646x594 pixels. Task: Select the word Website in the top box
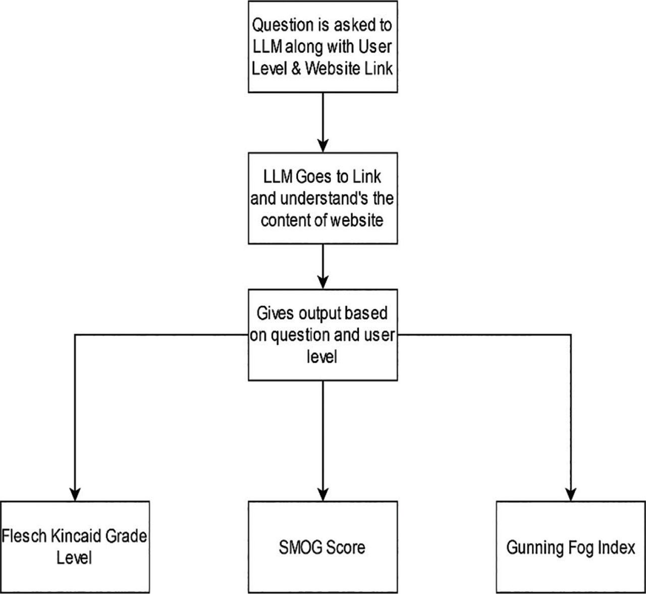[336, 68]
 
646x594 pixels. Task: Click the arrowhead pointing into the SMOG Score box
[323, 494]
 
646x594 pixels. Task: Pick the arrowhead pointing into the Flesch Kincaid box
[75, 494]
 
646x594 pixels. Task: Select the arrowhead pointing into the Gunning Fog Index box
[571, 494]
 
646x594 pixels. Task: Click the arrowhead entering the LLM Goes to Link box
[323, 145]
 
